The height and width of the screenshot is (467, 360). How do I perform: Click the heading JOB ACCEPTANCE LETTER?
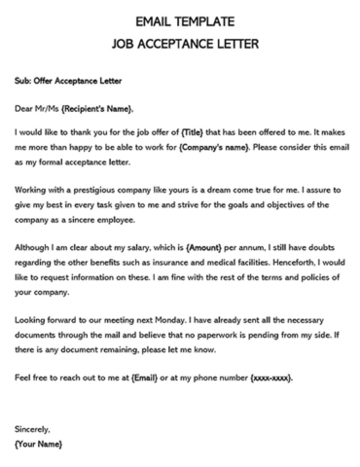(x=180, y=43)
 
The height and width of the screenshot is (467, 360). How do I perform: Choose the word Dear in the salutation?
(x=25, y=108)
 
